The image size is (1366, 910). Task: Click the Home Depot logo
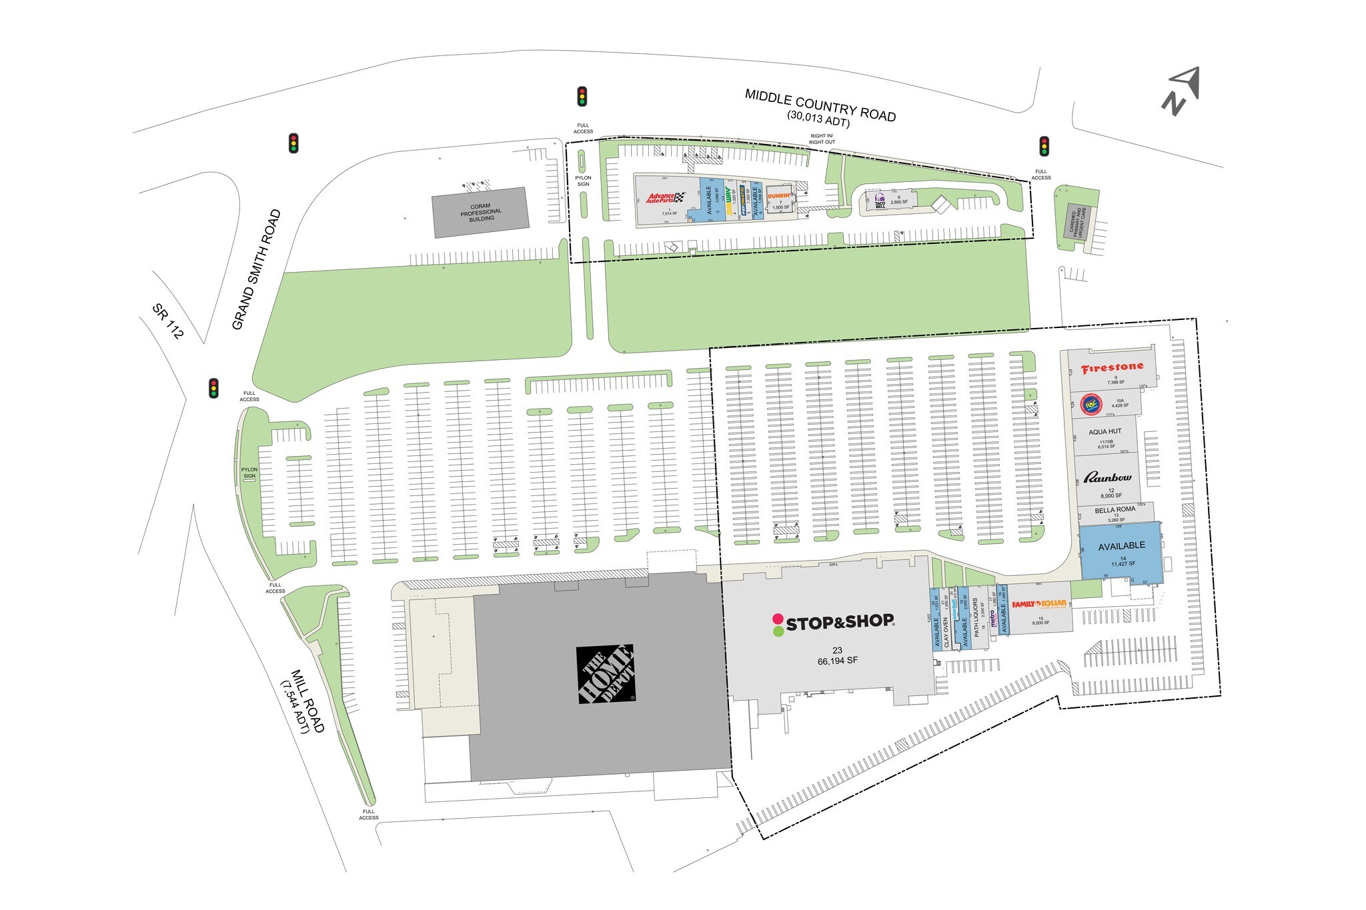click(606, 673)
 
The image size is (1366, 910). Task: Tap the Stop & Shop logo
click(833, 623)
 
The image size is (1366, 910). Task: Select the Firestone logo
click(1112, 367)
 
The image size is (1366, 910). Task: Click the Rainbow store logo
click(1107, 477)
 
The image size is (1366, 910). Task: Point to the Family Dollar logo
click(1039, 604)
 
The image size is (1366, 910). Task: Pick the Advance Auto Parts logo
click(665, 197)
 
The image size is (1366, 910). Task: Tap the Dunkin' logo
click(779, 196)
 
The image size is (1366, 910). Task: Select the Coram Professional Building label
click(480, 212)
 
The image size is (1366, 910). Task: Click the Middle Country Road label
click(820, 106)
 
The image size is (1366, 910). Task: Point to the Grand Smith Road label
click(256, 269)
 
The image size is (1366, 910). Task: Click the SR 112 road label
click(167, 321)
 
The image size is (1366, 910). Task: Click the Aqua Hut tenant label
click(1105, 432)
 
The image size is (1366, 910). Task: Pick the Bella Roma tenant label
click(1115, 509)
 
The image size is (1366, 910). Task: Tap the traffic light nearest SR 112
click(213, 388)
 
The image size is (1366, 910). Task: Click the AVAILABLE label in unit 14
click(1121, 545)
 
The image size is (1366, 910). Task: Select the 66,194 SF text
click(837, 661)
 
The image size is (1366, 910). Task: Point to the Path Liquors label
click(975, 617)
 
